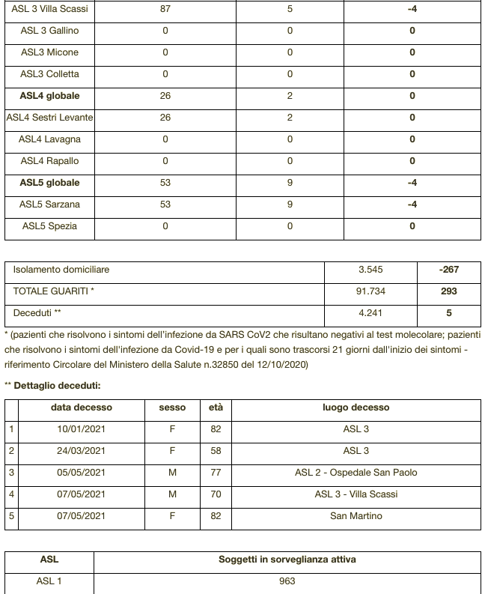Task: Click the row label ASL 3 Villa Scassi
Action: [x=49, y=9]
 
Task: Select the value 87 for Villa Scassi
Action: [x=165, y=9]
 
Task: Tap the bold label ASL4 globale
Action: [x=49, y=96]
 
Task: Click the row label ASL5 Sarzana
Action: [x=49, y=204]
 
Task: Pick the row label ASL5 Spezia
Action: [x=49, y=226]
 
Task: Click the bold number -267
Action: [x=449, y=270]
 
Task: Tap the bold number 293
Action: [x=449, y=291]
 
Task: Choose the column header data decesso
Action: [x=82, y=407]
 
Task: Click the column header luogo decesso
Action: [x=356, y=407]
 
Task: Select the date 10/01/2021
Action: [x=82, y=429]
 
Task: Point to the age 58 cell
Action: [x=216, y=451]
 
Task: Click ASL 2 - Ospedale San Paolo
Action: [x=356, y=473]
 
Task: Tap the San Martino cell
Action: [x=356, y=516]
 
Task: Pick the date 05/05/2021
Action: [x=82, y=473]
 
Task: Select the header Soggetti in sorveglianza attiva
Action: [x=287, y=560]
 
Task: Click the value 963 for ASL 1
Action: [x=287, y=581]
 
